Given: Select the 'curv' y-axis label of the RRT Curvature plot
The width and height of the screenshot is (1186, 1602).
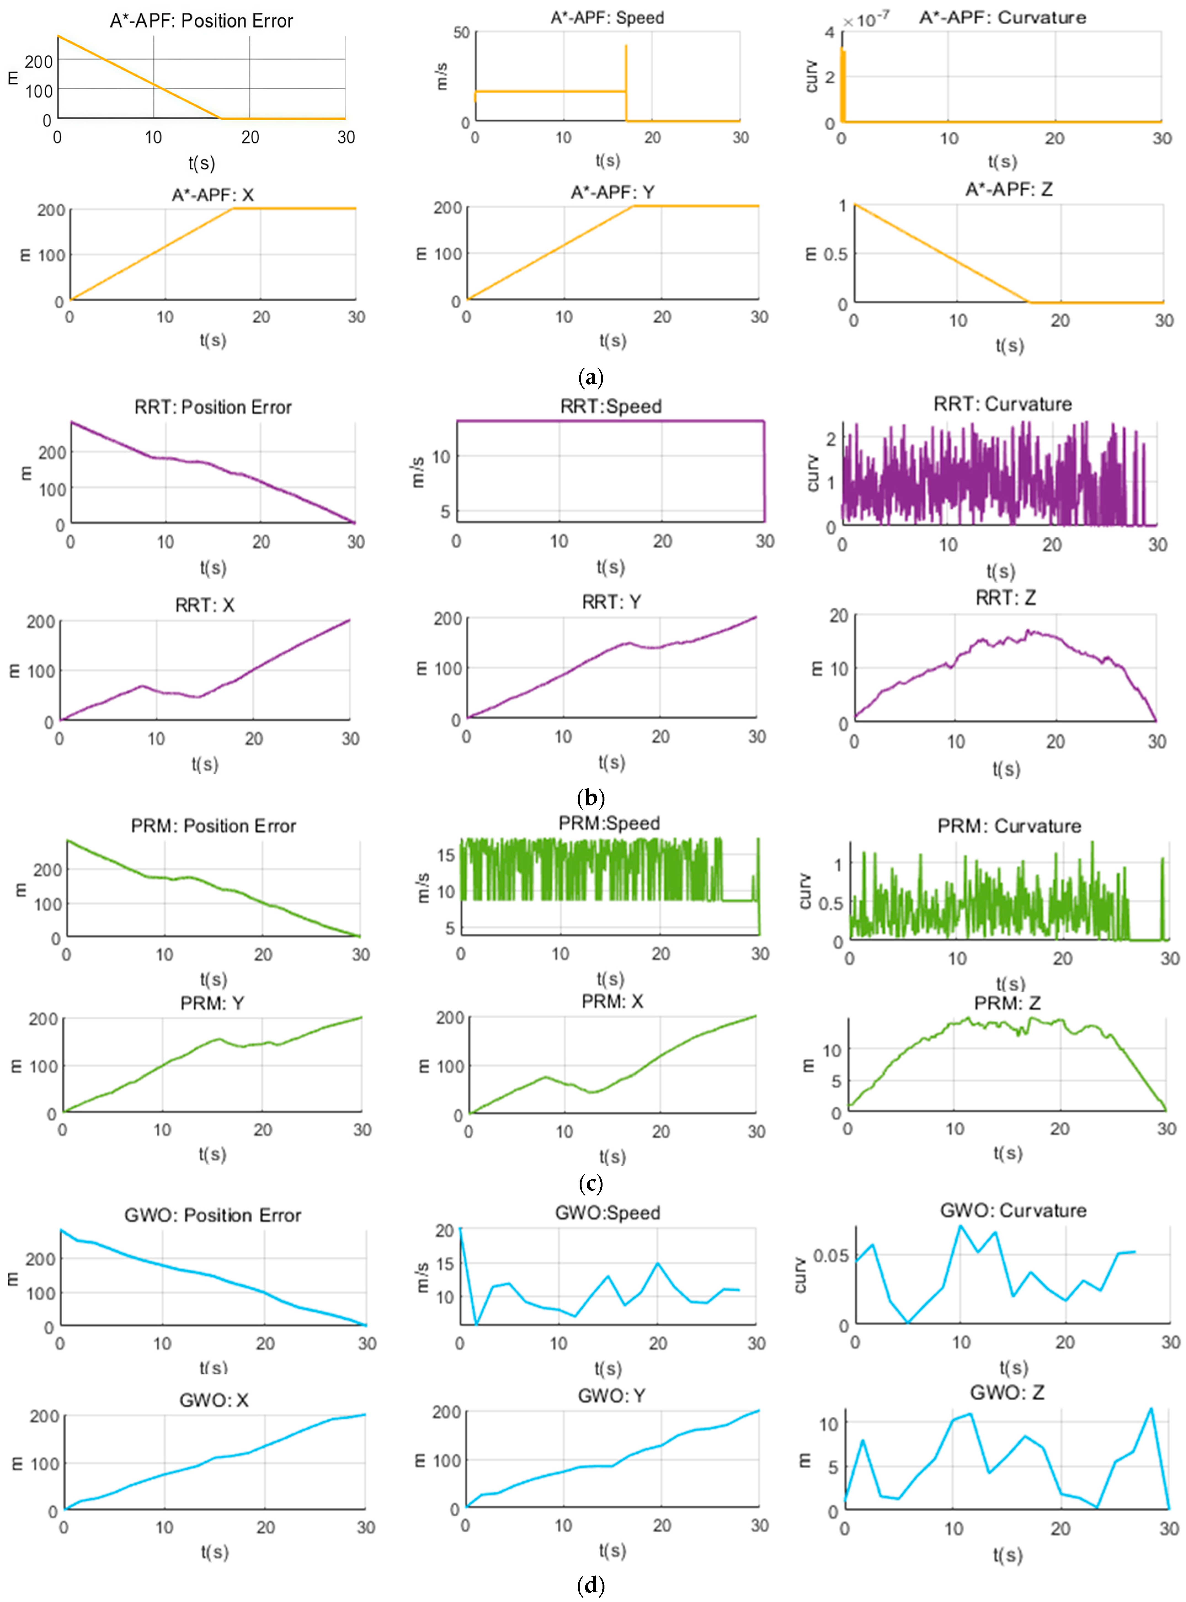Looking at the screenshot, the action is [x=813, y=473].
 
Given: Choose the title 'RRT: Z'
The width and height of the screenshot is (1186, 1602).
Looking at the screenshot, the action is [x=1006, y=597].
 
